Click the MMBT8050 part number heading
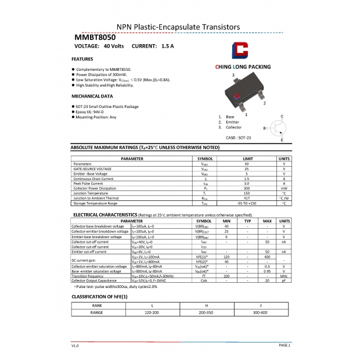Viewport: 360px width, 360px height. (95, 37)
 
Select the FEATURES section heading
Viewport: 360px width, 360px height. (82, 59)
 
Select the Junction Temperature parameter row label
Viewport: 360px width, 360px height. (91, 193)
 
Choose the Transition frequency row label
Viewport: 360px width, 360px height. (88, 276)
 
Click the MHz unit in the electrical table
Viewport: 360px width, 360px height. (284, 276)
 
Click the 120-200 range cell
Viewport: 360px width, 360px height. (152, 312)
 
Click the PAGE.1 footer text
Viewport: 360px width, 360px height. (285, 345)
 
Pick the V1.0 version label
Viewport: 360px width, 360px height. (75, 345)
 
